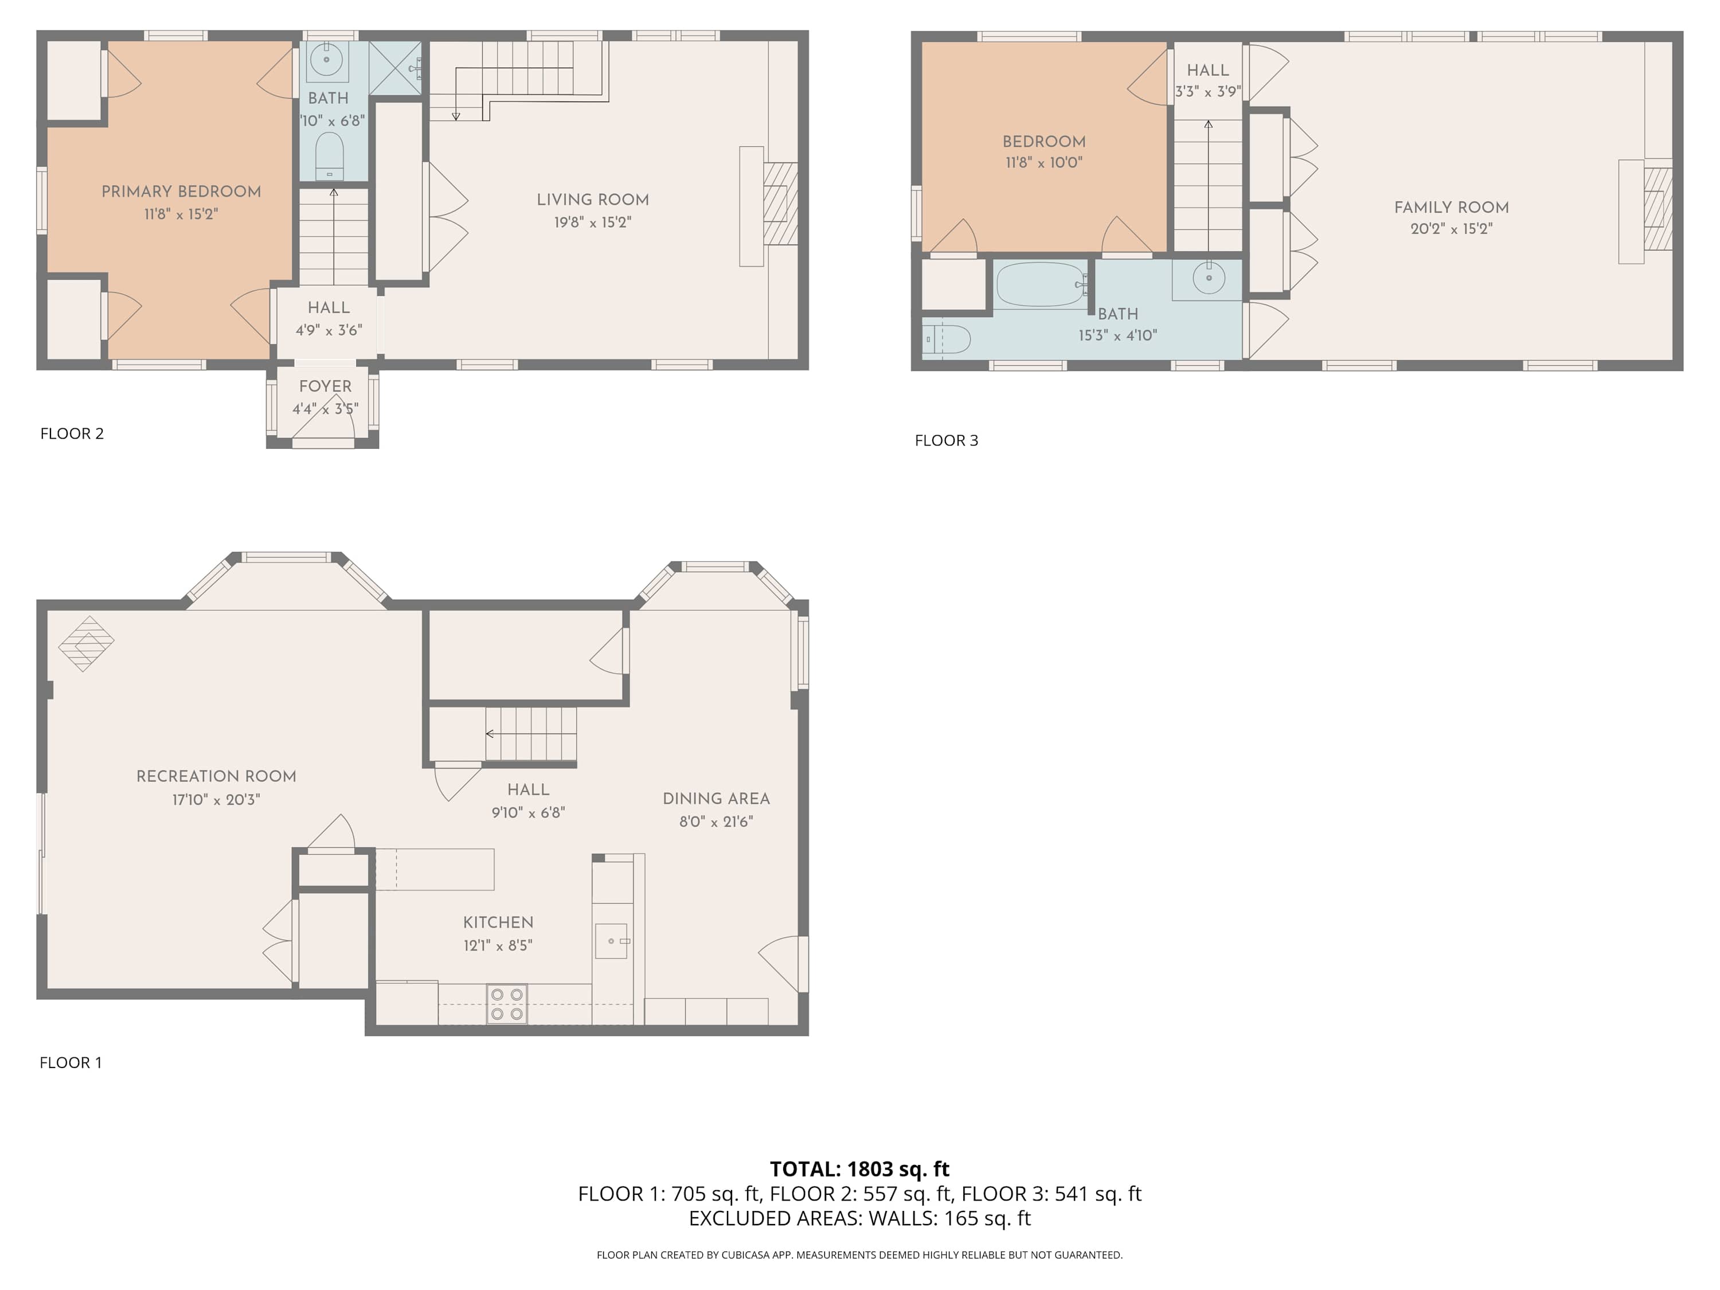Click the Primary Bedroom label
(x=181, y=191)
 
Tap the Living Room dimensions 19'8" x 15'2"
(x=592, y=222)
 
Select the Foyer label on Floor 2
(x=325, y=386)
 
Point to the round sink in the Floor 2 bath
(x=327, y=59)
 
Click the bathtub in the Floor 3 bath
(x=1041, y=284)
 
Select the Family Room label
(x=1451, y=208)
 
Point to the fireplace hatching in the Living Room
(x=780, y=203)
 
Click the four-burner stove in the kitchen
(x=507, y=1004)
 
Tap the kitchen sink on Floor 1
(x=612, y=941)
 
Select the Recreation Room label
(x=216, y=776)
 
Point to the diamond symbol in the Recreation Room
(x=87, y=643)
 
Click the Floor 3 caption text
(x=947, y=440)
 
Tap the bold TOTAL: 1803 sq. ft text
(x=859, y=1168)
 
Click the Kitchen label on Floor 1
(x=498, y=922)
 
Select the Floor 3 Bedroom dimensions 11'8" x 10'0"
(x=1043, y=162)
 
